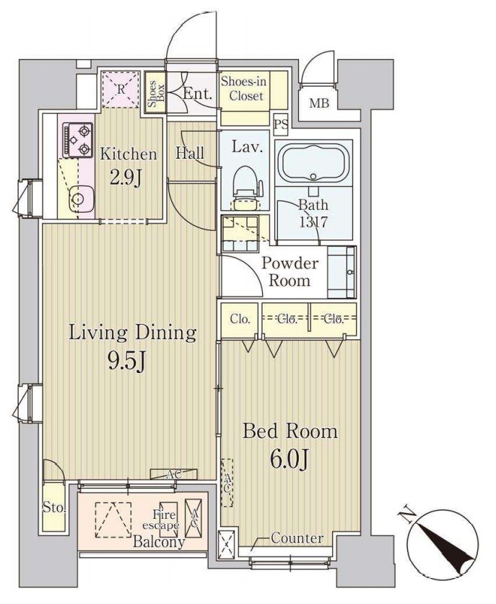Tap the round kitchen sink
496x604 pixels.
coord(79,199)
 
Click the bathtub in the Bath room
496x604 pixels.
coord(314,165)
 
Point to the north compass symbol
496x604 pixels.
coord(441,543)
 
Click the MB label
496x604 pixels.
coord(318,104)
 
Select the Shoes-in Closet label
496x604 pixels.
coord(243,89)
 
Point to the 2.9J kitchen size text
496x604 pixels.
coord(128,176)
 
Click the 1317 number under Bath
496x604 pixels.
coord(314,222)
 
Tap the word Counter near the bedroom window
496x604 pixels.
coord(297,538)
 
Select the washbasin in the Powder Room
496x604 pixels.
coord(341,271)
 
